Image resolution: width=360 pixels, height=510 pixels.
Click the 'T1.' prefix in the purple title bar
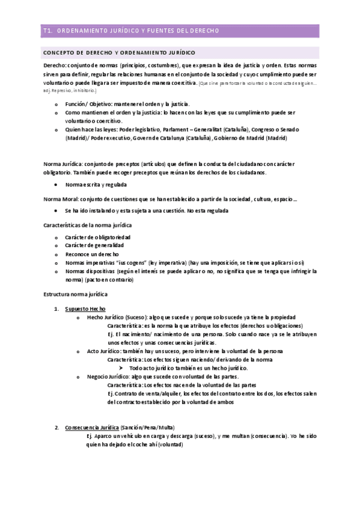(49, 30)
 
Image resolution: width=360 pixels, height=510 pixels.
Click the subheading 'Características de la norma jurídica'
(87, 225)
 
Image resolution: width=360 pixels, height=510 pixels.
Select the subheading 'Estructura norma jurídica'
(76, 295)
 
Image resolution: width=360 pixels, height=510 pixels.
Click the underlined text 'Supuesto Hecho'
(85, 309)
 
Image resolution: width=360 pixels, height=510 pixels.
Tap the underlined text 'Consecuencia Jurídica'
(92, 428)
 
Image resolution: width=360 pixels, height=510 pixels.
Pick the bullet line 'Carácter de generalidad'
(94, 246)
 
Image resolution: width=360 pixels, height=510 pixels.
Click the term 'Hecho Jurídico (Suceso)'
(118, 317)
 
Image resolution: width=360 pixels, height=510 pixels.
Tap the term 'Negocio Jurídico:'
(108, 376)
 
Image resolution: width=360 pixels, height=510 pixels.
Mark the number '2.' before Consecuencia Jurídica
(56, 428)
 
